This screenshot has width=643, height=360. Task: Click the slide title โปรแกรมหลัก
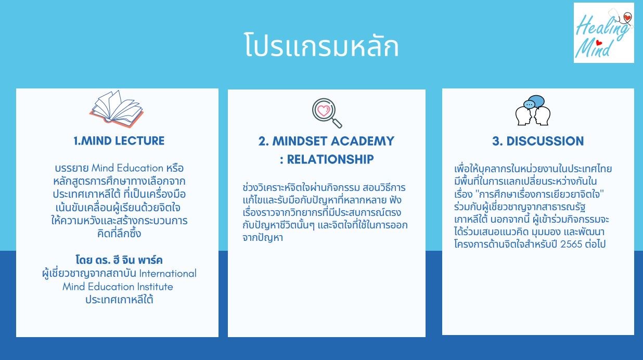(321, 45)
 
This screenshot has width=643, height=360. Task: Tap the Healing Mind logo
(603, 33)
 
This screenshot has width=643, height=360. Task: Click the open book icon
(117, 109)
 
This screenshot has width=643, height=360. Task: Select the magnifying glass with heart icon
(327, 113)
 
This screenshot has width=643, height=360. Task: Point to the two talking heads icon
(533, 110)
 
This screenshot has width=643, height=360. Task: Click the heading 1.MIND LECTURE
(119, 140)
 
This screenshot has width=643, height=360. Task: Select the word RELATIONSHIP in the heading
(330, 159)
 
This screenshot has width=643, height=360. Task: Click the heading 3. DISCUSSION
(538, 141)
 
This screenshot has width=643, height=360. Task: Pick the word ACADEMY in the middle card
(363, 141)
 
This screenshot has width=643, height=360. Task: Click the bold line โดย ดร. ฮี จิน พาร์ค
(119, 260)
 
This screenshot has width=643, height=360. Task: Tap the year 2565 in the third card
(571, 245)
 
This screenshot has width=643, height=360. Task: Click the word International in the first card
(168, 273)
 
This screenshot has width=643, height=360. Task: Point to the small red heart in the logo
(598, 43)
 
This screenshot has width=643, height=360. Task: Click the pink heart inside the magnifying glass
(324, 110)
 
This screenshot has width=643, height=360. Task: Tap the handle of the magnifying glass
(337, 123)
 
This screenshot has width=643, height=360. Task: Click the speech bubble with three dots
(529, 105)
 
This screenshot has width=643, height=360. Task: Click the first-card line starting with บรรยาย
(119, 168)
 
